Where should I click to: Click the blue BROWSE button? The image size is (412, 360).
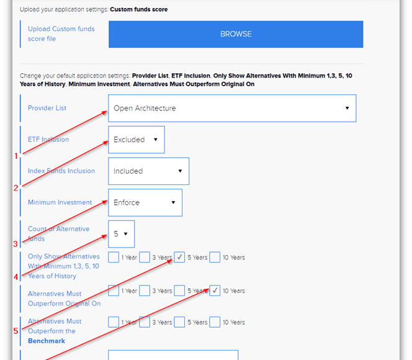pyautogui.click(x=236, y=34)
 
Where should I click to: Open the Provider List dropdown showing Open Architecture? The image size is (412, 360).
pyautogui.click(x=232, y=108)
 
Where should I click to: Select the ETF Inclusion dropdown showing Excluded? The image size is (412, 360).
pyautogui.click(x=137, y=140)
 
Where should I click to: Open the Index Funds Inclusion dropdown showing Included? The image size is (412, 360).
pyautogui.click(x=148, y=171)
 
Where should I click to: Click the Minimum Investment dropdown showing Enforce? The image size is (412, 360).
pyautogui.click(x=145, y=202)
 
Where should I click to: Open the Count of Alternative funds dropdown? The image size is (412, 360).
pyautogui.click(x=122, y=234)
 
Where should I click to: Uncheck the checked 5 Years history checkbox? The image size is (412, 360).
pyautogui.click(x=179, y=257)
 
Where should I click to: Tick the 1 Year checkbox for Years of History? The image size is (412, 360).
pyautogui.click(x=114, y=257)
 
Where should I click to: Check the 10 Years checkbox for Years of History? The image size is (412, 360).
pyautogui.click(x=215, y=257)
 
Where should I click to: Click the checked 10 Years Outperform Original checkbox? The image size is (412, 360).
pyautogui.click(x=215, y=290)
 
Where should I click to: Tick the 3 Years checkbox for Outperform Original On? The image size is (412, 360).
pyautogui.click(x=145, y=290)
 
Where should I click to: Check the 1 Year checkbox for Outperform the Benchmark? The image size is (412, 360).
pyautogui.click(x=114, y=322)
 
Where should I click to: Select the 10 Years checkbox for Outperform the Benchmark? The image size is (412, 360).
pyautogui.click(x=215, y=322)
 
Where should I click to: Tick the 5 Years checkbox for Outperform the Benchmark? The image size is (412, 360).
pyautogui.click(x=179, y=322)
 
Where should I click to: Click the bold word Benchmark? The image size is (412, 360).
pyautogui.click(x=47, y=341)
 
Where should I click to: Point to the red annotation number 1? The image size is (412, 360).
pyautogui.click(x=16, y=156)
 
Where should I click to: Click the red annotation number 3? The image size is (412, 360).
pyautogui.click(x=16, y=244)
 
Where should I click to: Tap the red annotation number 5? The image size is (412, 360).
pyautogui.click(x=16, y=331)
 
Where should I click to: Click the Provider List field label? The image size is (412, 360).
pyautogui.click(x=47, y=108)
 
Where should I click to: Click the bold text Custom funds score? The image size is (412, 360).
pyautogui.click(x=139, y=9)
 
